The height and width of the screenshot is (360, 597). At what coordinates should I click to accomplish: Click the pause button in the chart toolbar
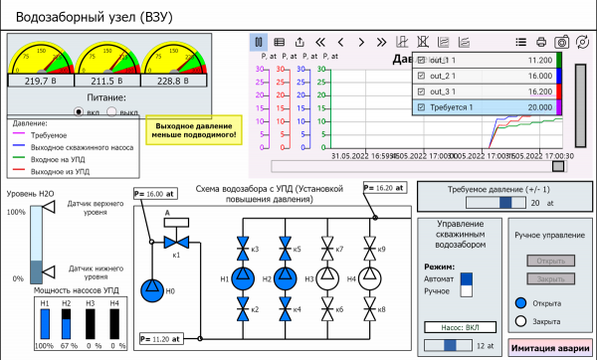(258, 42)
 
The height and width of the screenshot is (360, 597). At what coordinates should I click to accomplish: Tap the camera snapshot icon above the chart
(561, 42)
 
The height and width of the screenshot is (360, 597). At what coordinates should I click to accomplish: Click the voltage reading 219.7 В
(43, 82)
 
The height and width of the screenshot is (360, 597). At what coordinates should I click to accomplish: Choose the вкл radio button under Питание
(79, 112)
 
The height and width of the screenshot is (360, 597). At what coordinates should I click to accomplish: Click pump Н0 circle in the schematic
(150, 289)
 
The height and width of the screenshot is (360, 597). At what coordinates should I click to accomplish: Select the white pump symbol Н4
(371, 279)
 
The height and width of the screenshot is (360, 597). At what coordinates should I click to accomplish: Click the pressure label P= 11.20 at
(160, 338)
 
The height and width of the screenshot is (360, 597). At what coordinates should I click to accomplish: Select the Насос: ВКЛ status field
(461, 325)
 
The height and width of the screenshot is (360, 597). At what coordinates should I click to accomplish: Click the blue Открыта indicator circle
(520, 302)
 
